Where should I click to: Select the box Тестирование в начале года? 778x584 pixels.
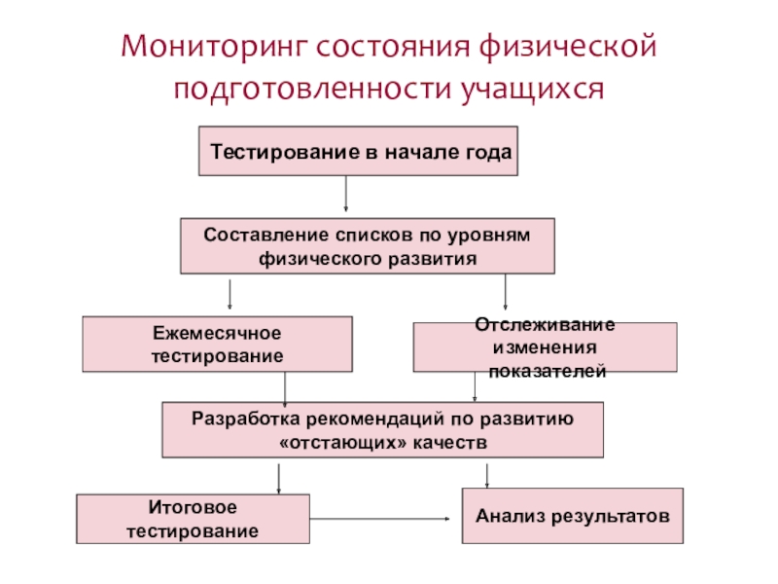click(x=358, y=151)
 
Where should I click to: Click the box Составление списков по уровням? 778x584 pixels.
click(x=367, y=246)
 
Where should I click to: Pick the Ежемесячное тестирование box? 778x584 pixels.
click(x=217, y=344)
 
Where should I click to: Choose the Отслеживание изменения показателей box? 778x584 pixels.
click(x=545, y=347)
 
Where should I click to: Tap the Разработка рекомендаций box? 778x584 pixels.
click(x=382, y=429)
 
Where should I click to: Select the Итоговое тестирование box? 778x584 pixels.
click(x=193, y=519)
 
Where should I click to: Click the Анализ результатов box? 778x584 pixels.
click(x=572, y=515)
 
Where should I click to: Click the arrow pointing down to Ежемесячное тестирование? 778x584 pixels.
click(x=230, y=294)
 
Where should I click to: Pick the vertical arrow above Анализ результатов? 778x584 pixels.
click(x=486, y=475)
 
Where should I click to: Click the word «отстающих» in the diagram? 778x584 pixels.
click(x=329, y=442)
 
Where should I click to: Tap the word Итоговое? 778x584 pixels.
click(x=193, y=508)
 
